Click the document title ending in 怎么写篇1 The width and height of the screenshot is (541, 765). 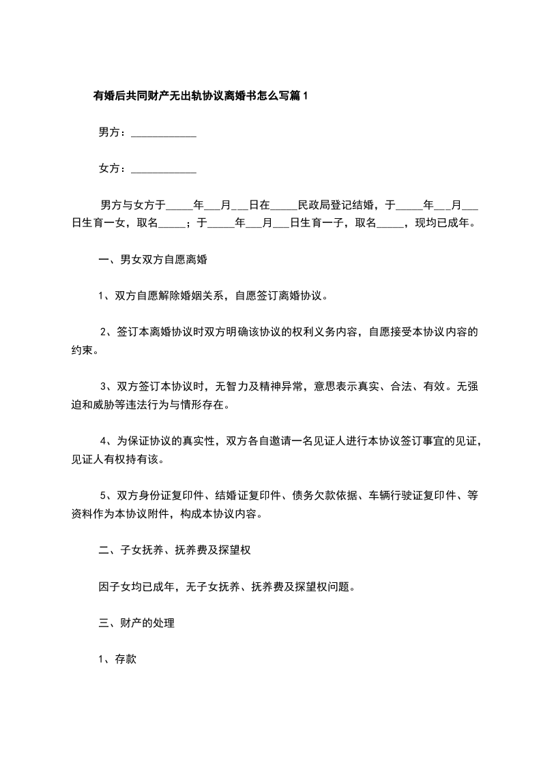(x=201, y=96)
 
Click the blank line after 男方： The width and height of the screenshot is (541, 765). (x=163, y=134)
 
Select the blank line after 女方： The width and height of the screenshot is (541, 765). (x=163, y=169)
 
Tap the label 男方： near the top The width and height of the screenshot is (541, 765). (x=113, y=132)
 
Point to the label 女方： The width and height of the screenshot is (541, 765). (x=113, y=168)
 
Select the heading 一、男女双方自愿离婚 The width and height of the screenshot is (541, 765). (x=153, y=260)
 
